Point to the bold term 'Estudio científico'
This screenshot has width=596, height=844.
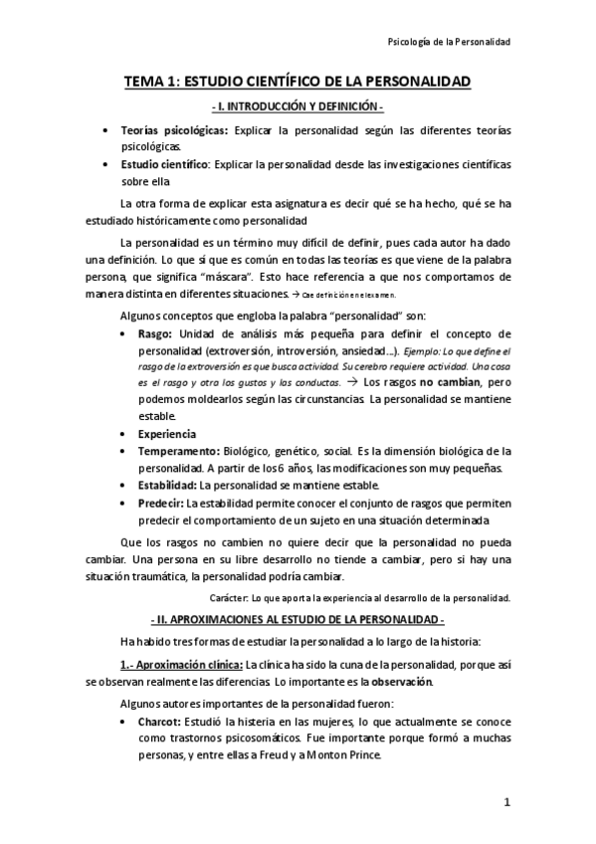point(163,163)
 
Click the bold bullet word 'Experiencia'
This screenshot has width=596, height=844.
point(166,434)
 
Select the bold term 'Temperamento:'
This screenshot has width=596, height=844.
point(178,451)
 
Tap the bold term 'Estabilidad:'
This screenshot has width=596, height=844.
point(167,485)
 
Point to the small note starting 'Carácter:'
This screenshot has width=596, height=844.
point(360,598)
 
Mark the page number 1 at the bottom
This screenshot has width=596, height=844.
point(506,802)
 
